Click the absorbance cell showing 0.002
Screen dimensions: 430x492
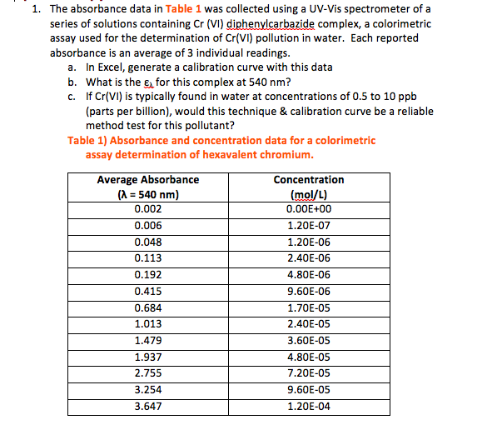tap(147, 209)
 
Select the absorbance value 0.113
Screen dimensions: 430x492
tap(147, 258)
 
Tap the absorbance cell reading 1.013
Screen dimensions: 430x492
tap(147, 324)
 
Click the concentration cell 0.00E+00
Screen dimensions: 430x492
tap(308, 209)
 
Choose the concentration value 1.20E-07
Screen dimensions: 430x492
tap(308, 226)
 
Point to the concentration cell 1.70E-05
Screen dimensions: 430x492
tap(308, 307)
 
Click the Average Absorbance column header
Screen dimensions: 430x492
tap(148, 180)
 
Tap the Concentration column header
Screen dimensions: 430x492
tap(308, 180)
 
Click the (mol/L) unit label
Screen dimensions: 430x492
tap(308, 194)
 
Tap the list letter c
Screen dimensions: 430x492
tap(73, 97)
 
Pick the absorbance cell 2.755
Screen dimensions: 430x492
tap(147, 373)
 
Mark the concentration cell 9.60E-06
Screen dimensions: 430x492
tap(308, 292)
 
